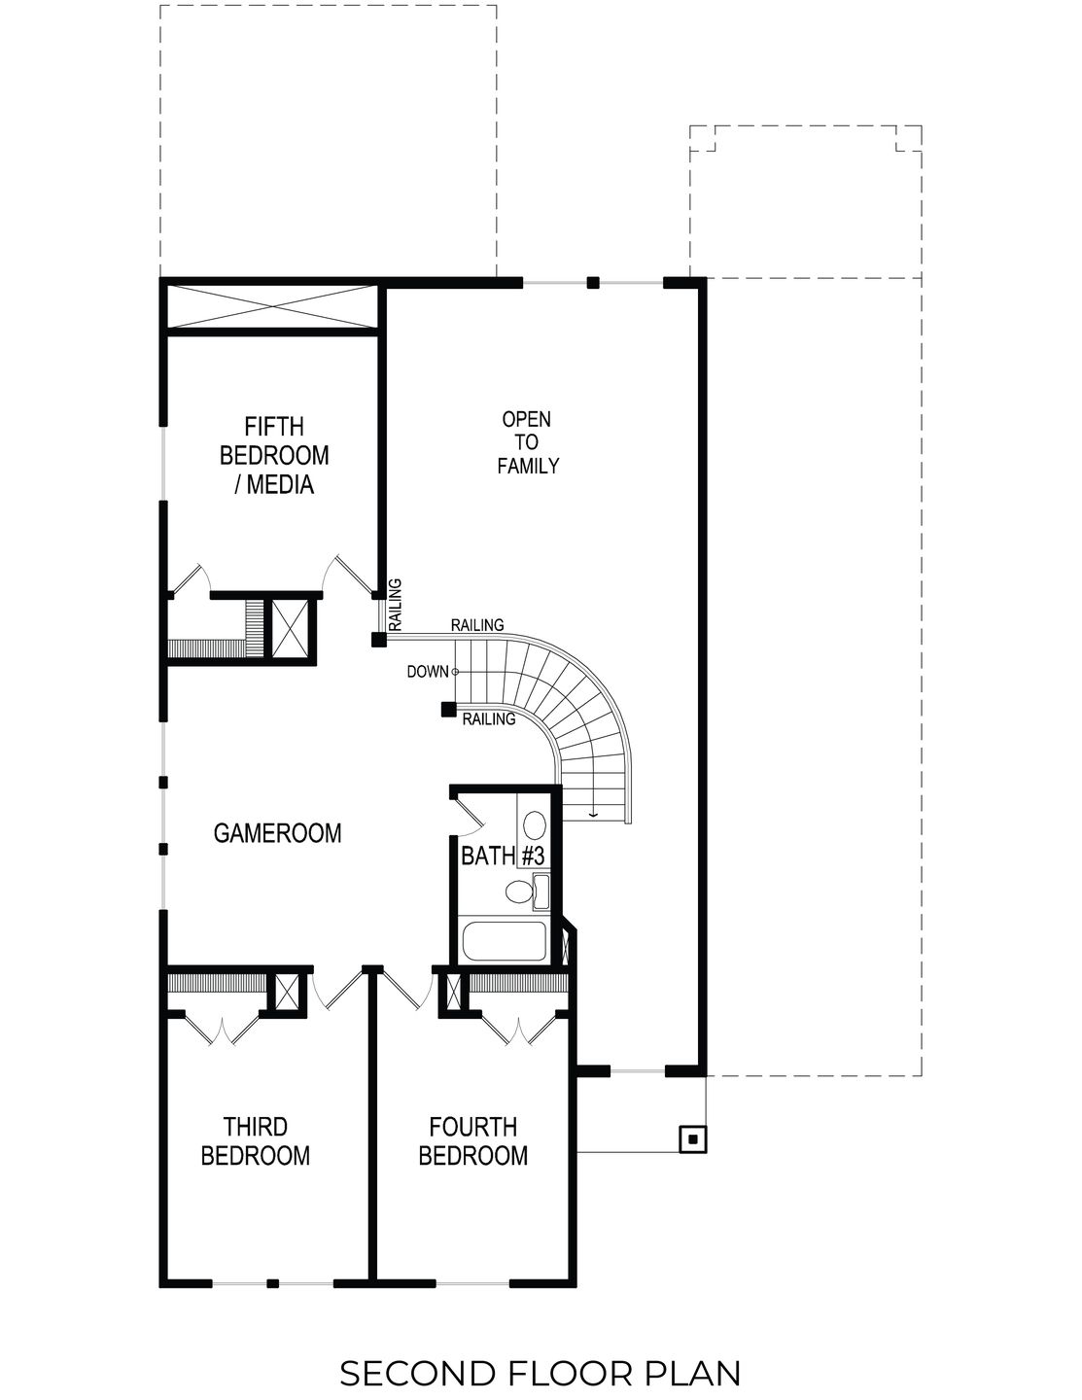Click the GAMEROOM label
[x=277, y=833]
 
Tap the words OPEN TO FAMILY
[x=528, y=442]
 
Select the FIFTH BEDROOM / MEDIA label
[x=274, y=455]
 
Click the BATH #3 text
[x=502, y=857]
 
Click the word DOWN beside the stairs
[x=427, y=671]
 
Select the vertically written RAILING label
[x=395, y=605]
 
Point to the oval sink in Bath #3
[x=534, y=826]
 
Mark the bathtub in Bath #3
[x=505, y=941]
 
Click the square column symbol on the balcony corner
[x=692, y=1138]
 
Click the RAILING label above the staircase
[x=477, y=625]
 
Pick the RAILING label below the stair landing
[x=488, y=719]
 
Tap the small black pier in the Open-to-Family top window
[x=593, y=283]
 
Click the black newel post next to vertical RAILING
[x=378, y=640]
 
